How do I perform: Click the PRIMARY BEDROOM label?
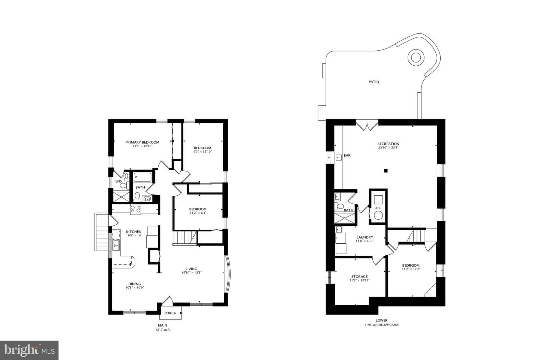point(142,142)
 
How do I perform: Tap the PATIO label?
point(374,82)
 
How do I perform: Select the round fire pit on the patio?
point(416,58)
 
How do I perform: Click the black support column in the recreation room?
point(386,171)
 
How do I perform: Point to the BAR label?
point(347,156)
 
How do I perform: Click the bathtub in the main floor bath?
point(143,177)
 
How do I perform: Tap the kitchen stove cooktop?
point(135,210)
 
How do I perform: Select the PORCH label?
point(170,313)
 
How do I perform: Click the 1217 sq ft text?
point(162,330)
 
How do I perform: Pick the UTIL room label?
point(378,208)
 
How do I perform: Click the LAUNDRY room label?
point(365,237)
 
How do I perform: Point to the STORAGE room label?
point(359,277)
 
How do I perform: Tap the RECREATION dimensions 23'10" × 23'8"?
point(388,148)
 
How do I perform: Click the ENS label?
point(118,181)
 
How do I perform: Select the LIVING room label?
point(191,269)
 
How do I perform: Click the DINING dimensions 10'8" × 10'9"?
point(135,288)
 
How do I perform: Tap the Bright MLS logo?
point(29,350)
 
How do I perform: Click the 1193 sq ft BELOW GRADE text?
point(381,325)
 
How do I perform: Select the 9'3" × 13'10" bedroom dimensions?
point(202,151)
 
